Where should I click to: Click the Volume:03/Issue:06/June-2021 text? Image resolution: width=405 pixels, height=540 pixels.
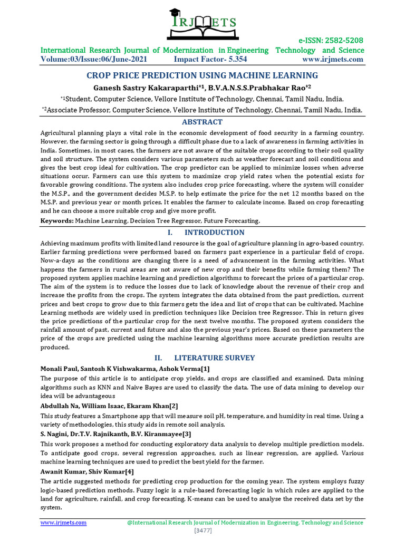94,59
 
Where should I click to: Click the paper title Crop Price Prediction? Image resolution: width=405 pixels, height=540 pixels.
202,75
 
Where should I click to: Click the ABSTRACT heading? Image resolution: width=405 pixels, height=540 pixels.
202,122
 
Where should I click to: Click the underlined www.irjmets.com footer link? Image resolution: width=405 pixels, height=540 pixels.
64,523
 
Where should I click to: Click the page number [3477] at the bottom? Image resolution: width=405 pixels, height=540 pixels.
202,531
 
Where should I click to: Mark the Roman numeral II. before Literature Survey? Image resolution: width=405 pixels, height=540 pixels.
156,358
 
